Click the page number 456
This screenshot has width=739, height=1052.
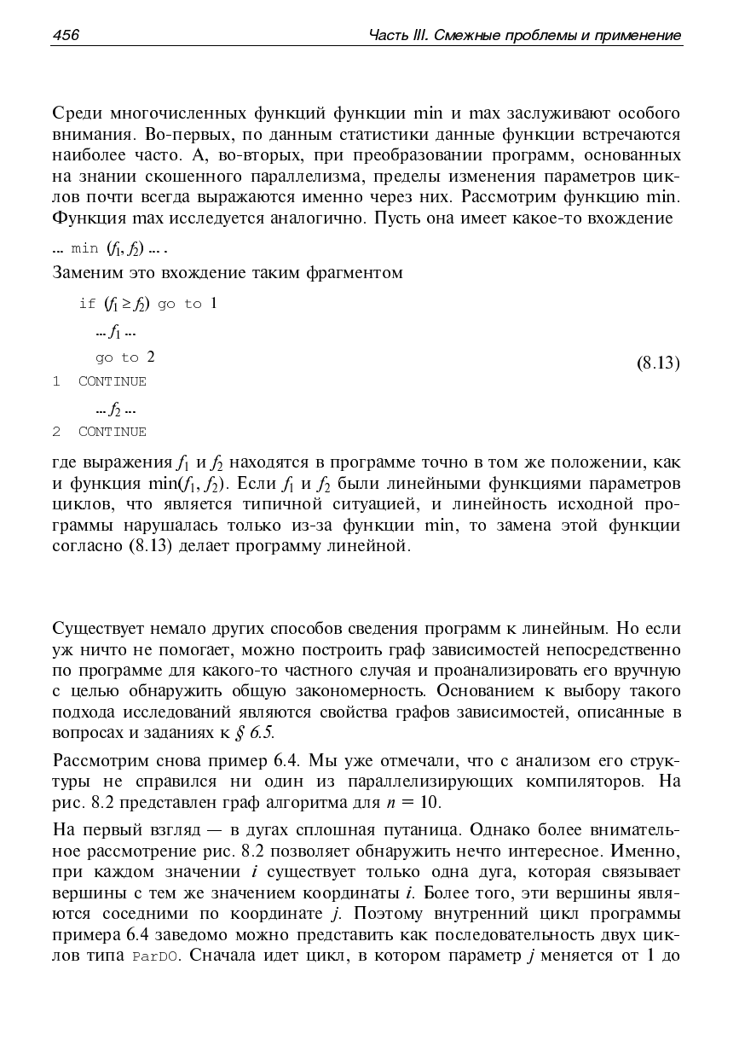(66, 35)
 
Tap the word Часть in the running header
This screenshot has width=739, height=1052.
(389, 35)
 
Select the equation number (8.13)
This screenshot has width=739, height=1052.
(658, 363)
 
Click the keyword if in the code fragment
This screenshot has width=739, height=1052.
(87, 304)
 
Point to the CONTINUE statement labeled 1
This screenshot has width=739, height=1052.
(112, 381)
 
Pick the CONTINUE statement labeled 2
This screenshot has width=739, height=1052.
(112, 432)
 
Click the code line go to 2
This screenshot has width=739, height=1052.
(125, 357)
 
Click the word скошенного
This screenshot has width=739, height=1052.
(196, 177)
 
